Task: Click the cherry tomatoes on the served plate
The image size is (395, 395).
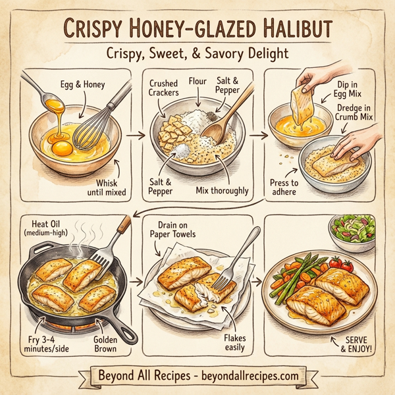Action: click(x=334, y=263)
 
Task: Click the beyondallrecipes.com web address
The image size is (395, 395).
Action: click(x=244, y=375)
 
